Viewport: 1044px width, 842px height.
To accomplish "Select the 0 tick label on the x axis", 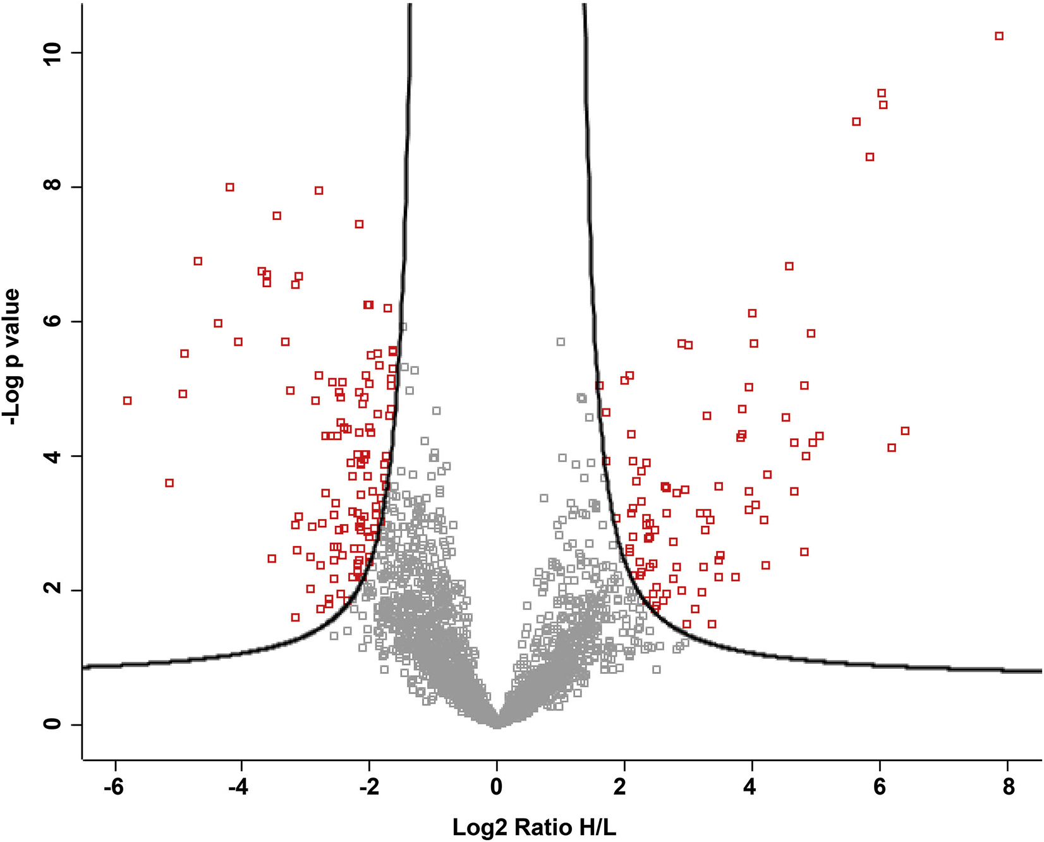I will (497, 788).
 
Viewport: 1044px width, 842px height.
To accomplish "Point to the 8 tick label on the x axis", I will (1008, 788).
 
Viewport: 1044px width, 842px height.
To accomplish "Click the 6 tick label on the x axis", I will (880, 788).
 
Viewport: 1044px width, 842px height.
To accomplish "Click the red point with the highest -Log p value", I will (999, 36).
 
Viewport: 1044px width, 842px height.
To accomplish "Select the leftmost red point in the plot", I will (127, 401).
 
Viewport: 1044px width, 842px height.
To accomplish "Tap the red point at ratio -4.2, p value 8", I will (230, 187).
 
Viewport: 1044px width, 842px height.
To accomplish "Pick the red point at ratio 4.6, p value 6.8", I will (789, 266).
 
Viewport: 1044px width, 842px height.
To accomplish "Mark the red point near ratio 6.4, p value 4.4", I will (905, 430).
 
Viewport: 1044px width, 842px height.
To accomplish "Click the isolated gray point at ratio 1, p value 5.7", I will (560, 342).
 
